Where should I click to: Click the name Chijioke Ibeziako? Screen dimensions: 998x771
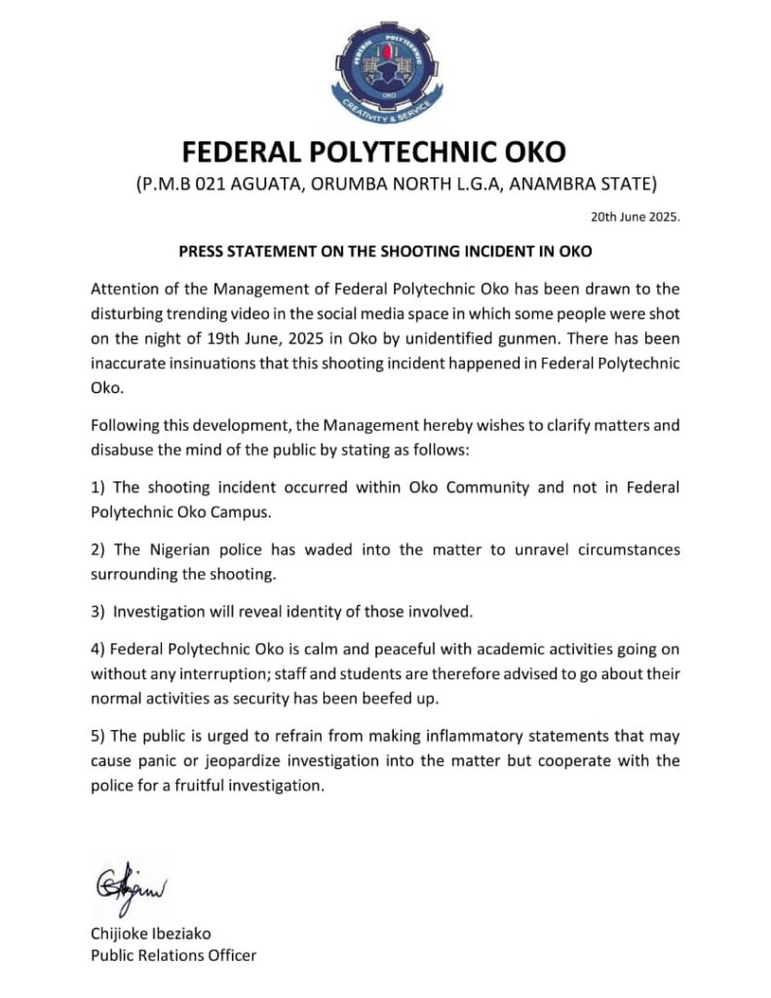tap(153, 934)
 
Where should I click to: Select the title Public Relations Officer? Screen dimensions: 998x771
tap(173, 955)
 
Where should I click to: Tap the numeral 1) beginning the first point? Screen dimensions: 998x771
tap(97, 486)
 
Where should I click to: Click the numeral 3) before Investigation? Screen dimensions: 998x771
tap(97, 612)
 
